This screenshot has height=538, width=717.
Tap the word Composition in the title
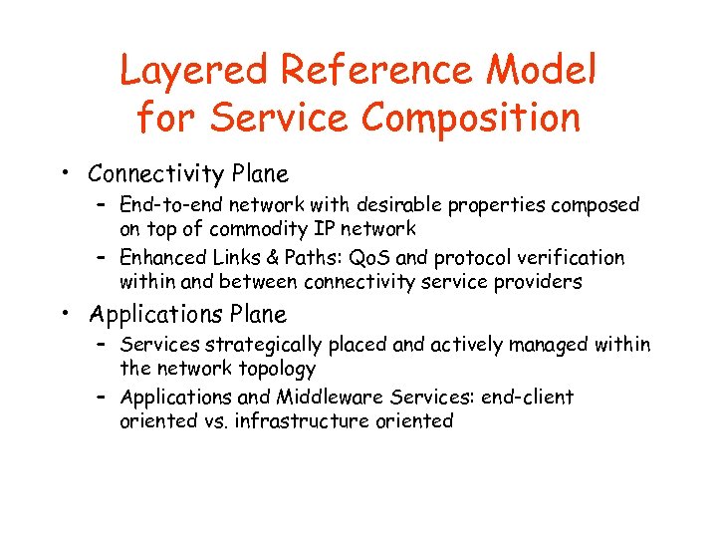click(470, 118)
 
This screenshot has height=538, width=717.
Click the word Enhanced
click(160, 258)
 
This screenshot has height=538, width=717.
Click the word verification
click(575, 258)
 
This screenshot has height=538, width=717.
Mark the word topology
click(274, 369)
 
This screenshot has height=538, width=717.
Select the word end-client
click(527, 398)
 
